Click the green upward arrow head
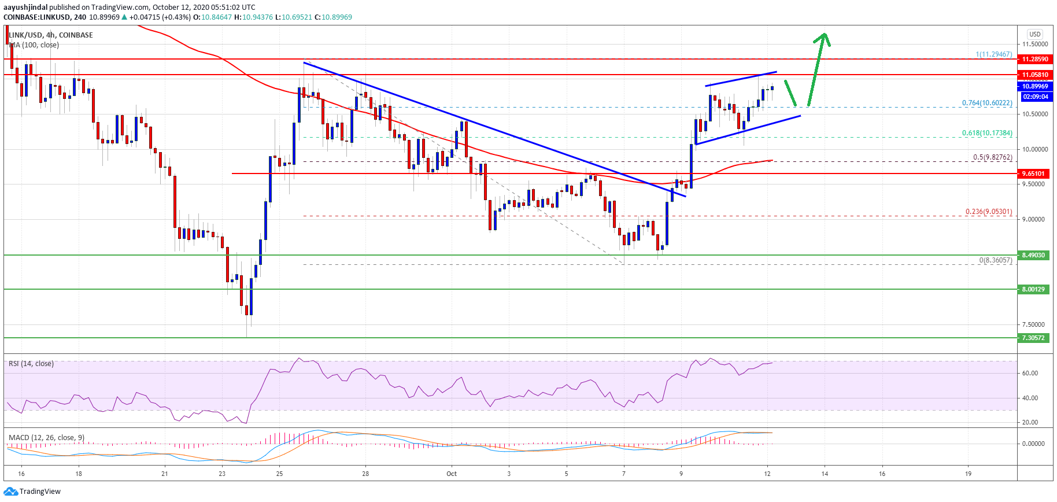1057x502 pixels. pyautogui.click(x=823, y=39)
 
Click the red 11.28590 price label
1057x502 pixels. pyautogui.click(x=1034, y=59)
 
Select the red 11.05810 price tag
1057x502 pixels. pyautogui.click(x=1034, y=75)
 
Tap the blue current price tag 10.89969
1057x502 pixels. pyautogui.click(x=1034, y=86)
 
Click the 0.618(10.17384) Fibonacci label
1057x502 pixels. pyautogui.click(x=986, y=133)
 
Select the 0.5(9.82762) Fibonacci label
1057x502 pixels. pyautogui.click(x=992, y=157)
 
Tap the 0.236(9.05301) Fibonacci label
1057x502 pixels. pyautogui.click(x=988, y=212)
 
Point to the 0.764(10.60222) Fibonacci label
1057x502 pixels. pyautogui.click(x=986, y=103)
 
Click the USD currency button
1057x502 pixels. pyautogui.click(x=1034, y=34)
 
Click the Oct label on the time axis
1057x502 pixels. pyautogui.click(x=452, y=474)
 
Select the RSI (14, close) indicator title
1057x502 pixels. pyautogui.click(x=31, y=364)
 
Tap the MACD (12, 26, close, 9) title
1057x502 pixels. pyautogui.click(x=46, y=437)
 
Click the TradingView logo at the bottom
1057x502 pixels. pyautogui.click(x=32, y=492)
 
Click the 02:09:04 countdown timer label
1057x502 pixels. pyautogui.click(x=1034, y=97)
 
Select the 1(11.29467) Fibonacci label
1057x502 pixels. pyautogui.click(x=993, y=54)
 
